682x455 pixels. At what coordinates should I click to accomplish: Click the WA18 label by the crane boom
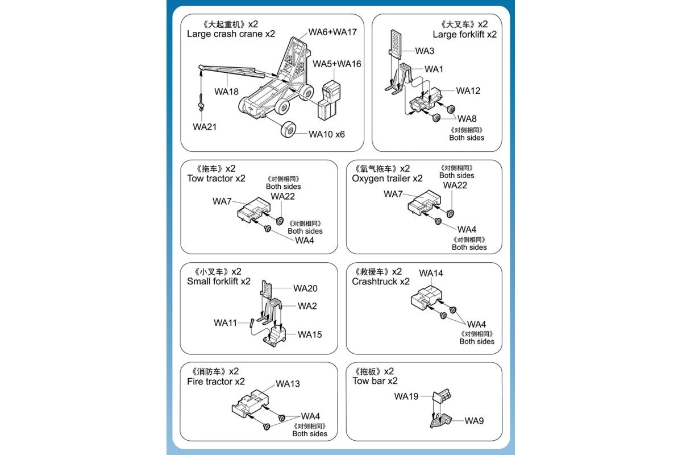tap(226, 91)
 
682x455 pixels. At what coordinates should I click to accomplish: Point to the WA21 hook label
tap(205, 126)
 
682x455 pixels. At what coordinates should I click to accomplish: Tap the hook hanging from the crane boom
tap(201, 103)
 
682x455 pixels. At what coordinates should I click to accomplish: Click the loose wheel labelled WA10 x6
tap(288, 131)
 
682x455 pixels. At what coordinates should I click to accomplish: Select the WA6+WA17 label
tap(332, 32)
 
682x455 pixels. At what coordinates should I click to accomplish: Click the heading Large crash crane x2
tap(231, 34)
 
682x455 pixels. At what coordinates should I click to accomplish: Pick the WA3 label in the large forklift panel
tap(425, 51)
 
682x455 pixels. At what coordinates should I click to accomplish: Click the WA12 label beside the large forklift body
tap(468, 91)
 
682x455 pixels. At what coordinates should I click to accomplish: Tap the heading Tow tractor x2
tap(216, 179)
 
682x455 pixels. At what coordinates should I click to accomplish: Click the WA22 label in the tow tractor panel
tap(282, 196)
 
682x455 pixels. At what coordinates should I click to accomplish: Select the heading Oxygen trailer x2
tap(387, 179)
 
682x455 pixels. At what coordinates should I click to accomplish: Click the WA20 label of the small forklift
tap(305, 288)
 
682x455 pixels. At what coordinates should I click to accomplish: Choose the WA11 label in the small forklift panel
tap(225, 323)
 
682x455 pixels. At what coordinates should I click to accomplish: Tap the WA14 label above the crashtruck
tap(431, 273)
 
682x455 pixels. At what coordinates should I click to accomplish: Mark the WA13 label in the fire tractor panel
tap(288, 384)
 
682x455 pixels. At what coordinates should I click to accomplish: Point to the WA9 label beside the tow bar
tap(474, 421)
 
